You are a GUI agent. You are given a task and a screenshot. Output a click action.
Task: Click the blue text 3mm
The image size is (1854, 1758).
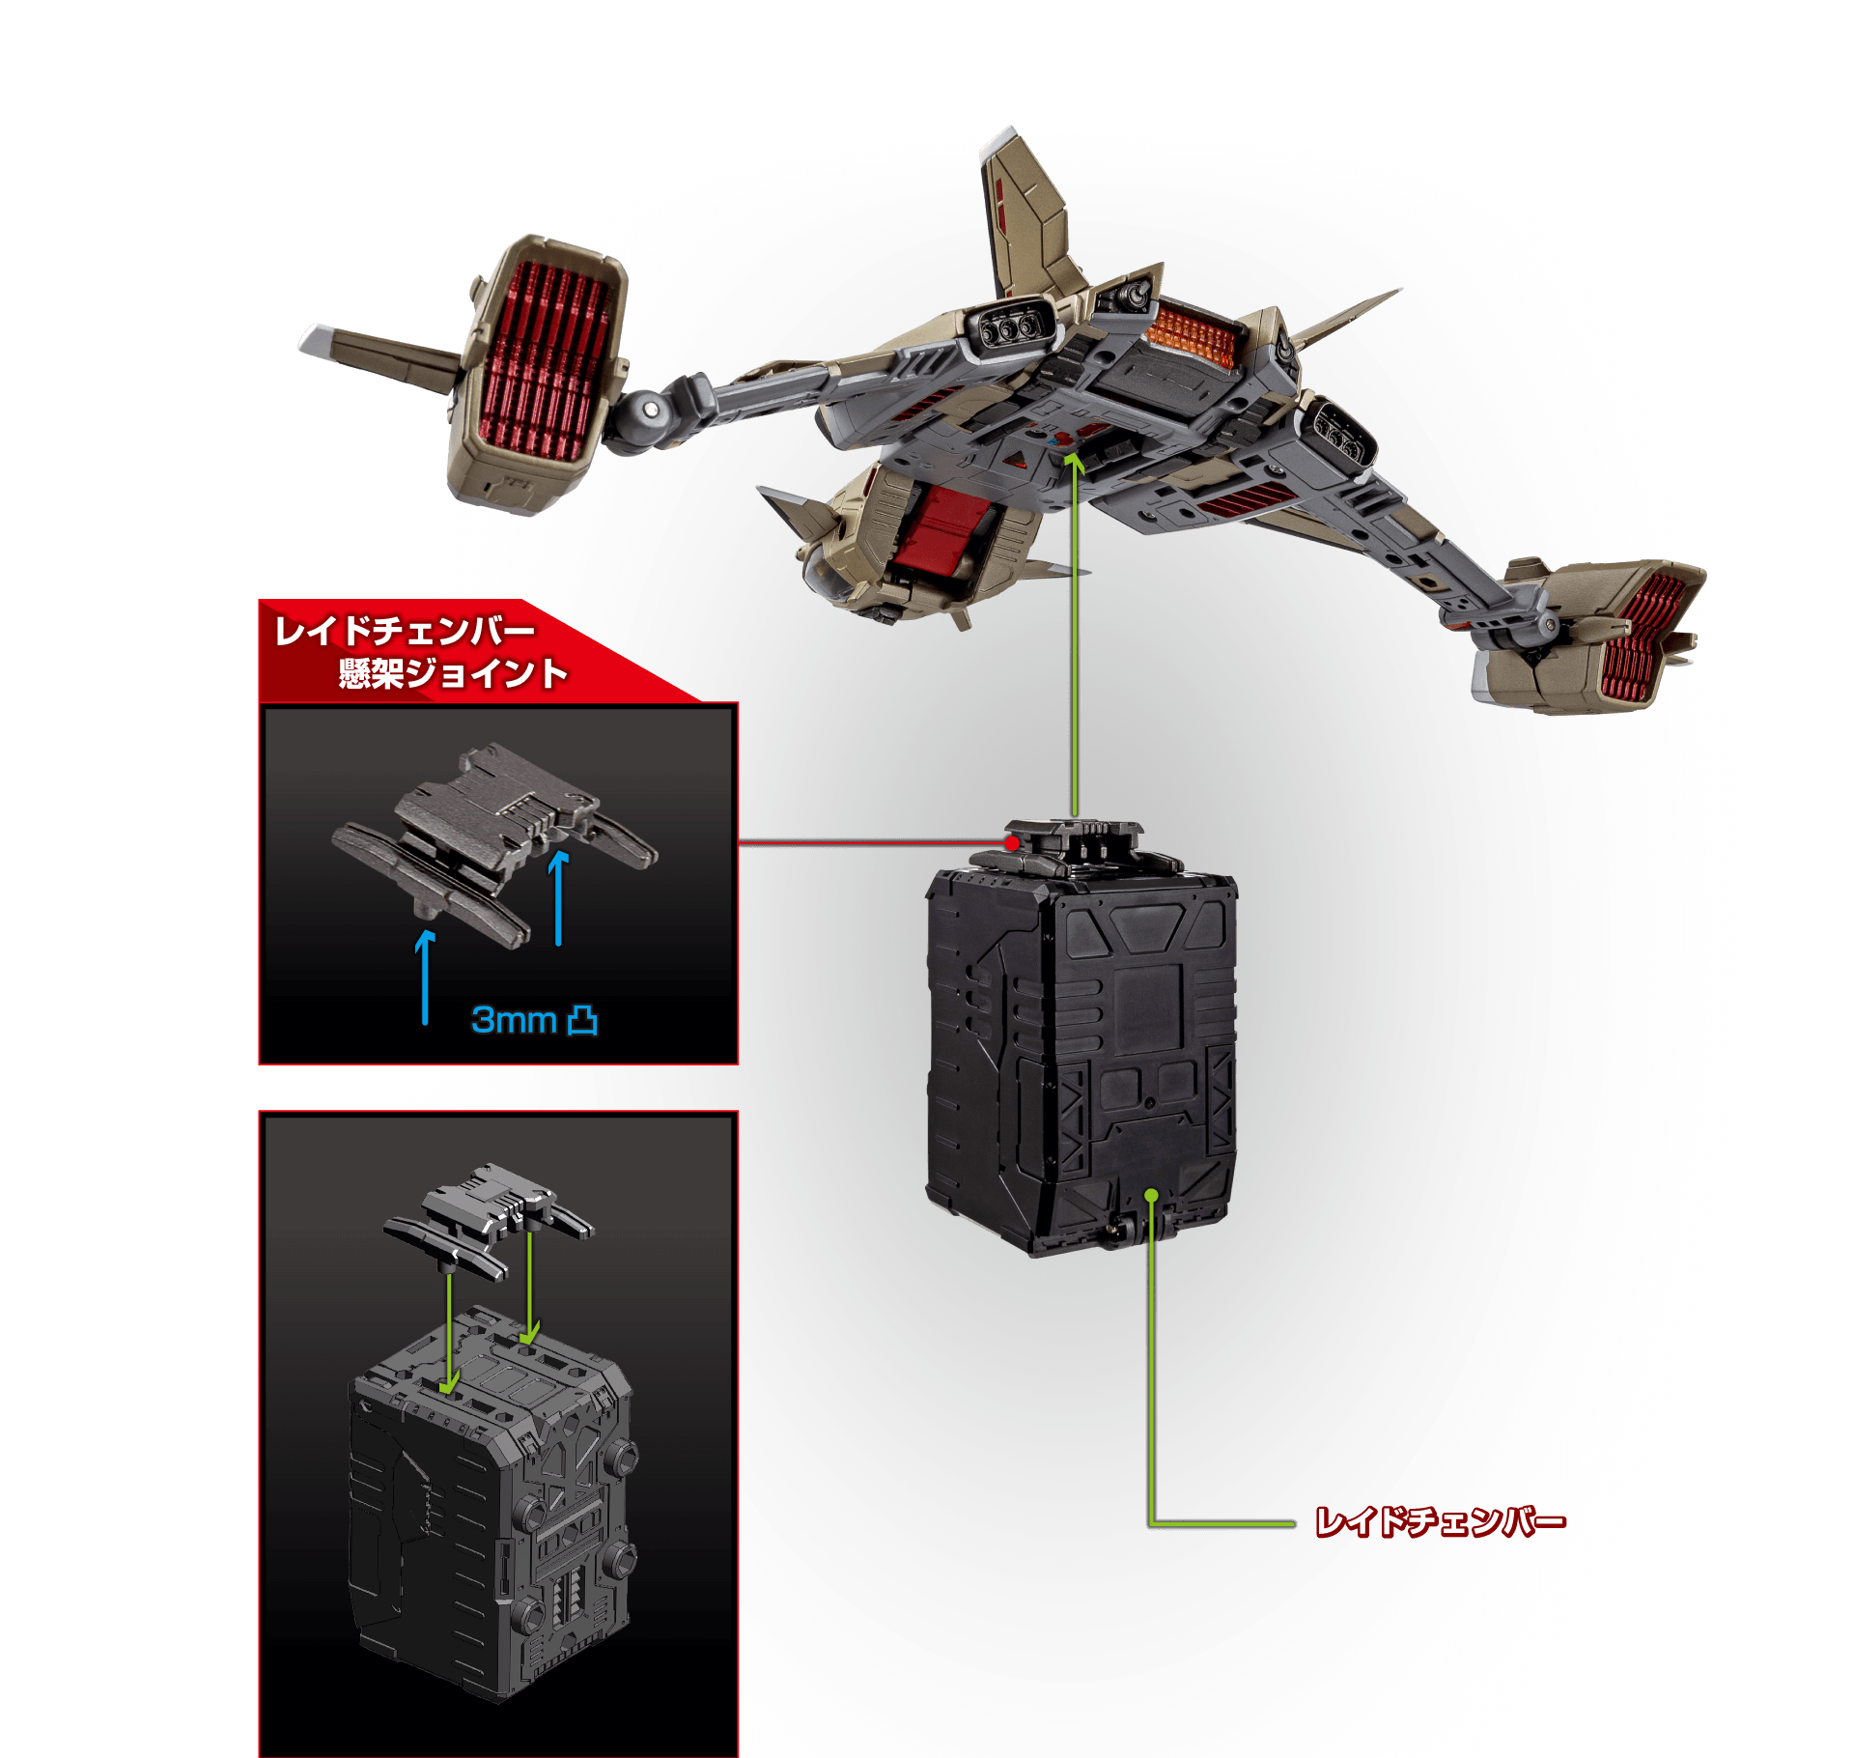(514, 1019)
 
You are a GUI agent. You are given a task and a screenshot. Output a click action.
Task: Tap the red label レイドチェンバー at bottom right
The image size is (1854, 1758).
(1440, 1523)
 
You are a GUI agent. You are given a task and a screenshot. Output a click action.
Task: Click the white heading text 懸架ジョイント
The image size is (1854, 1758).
(453, 673)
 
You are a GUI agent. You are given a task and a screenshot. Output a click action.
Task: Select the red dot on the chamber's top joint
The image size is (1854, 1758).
(1012, 843)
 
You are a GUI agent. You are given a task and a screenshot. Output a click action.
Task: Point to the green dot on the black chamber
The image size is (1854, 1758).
(1151, 1196)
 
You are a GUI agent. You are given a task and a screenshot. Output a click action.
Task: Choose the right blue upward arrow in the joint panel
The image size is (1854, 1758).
(558, 897)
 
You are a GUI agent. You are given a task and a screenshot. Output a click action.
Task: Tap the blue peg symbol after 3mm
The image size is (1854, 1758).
(582, 1020)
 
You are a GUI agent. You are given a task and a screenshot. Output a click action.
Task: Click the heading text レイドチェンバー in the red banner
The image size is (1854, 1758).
(405, 631)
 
